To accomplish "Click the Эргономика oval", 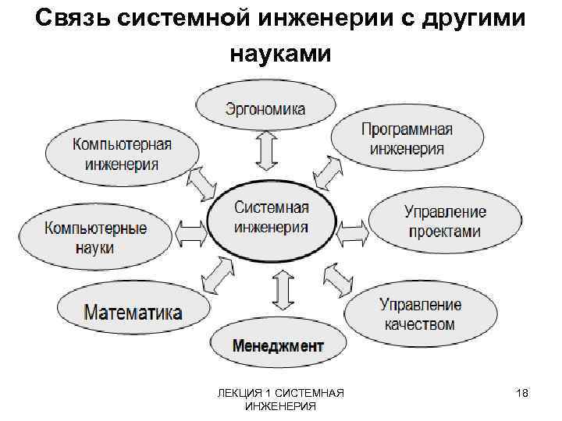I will pyautogui.click(x=265, y=108).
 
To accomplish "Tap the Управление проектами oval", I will pyautogui.click(x=444, y=221).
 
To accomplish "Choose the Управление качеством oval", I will pyautogui.click(x=420, y=313).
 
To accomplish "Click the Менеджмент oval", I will pyautogui.click(x=278, y=345).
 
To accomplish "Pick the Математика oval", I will pyautogui.click(x=133, y=313).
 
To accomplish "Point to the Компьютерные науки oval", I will pyautogui.click(x=95, y=237).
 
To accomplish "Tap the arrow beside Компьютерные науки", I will pyautogui.click(x=190, y=231).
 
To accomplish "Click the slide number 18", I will pyautogui.click(x=522, y=394).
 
